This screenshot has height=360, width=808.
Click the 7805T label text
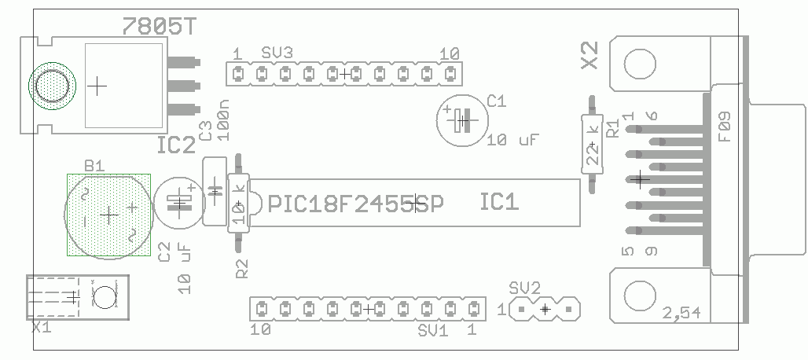click(160, 27)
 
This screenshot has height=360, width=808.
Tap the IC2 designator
click(175, 145)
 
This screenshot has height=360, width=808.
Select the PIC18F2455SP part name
click(356, 204)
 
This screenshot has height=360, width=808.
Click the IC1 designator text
click(499, 203)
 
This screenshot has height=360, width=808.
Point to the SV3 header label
click(277, 53)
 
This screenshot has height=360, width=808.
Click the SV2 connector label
click(524, 287)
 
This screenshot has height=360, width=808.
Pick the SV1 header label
click(433, 329)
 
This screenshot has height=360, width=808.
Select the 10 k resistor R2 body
click(239, 204)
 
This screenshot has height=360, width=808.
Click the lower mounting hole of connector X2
click(639, 296)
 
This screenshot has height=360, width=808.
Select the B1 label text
click(94, 166)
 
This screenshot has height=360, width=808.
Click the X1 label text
click(41, 326)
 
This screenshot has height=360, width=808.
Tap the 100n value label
click(224, 120)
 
